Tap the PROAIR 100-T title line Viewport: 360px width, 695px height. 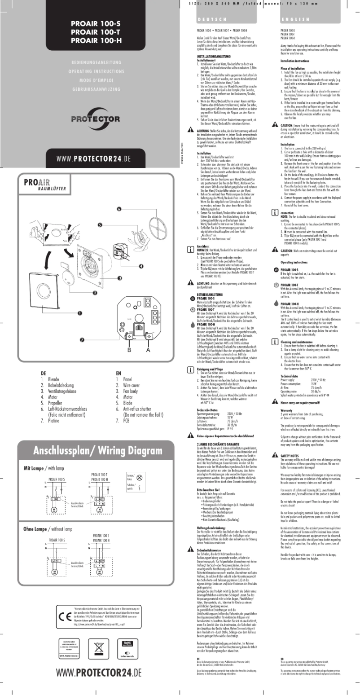pos(96,32)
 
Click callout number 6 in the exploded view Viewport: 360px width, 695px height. pos(119,209)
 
